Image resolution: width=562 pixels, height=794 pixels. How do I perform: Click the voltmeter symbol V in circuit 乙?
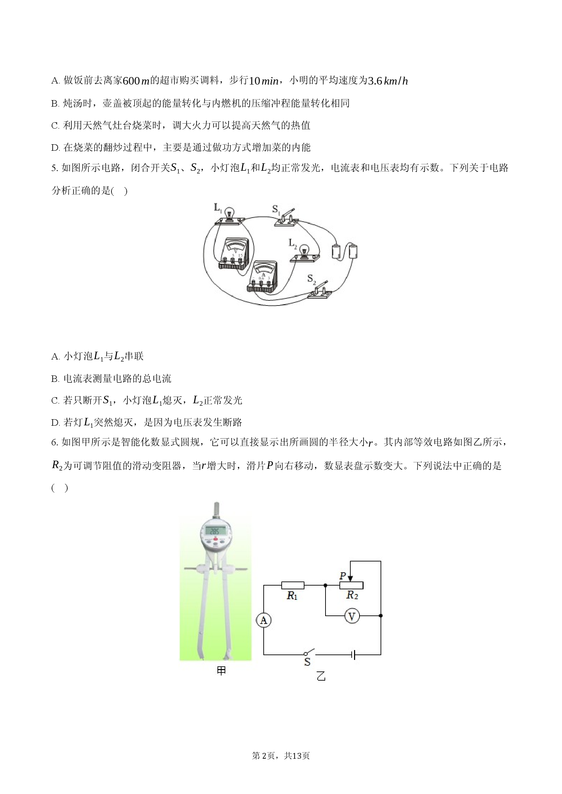352,616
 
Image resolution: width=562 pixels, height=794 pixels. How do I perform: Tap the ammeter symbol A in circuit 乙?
263,620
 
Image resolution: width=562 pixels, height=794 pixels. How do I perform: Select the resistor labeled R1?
293,585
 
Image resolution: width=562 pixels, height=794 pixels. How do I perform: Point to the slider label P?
343,575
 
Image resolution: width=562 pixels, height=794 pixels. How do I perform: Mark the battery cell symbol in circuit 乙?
353,654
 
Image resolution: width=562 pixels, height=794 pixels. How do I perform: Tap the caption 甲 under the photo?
221,671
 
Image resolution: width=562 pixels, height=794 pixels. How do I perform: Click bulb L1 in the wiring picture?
229,216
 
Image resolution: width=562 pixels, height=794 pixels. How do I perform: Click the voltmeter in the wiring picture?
234,254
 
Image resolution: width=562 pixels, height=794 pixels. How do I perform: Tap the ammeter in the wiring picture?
262,277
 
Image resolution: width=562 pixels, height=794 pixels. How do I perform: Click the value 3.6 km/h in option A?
388,81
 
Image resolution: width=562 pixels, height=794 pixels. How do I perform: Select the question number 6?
54,442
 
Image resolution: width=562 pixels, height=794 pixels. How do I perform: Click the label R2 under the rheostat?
352,595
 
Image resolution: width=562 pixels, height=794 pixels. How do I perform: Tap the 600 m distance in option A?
136,81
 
